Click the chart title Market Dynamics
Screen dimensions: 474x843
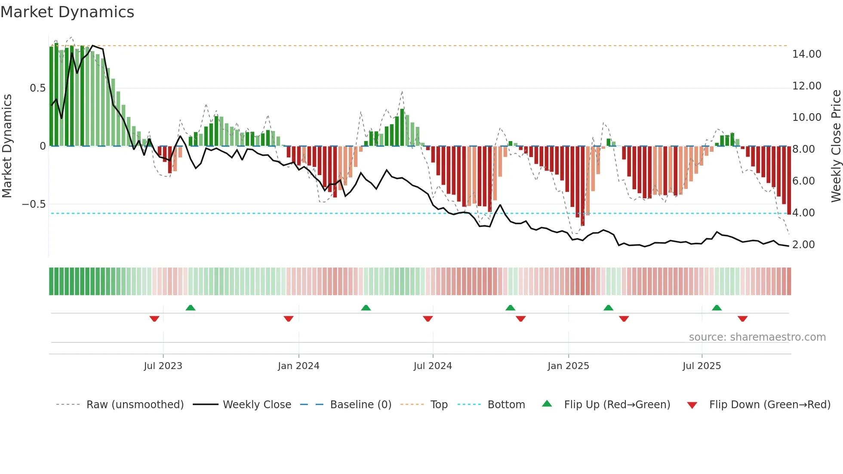coord(67,12)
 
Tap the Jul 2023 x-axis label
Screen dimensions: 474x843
coord(163,366)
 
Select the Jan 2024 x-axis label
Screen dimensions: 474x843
coord(298,366)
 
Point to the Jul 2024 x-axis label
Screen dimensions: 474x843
coord(433,366)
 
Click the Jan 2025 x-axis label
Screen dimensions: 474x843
coord(568,366)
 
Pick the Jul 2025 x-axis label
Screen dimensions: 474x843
coord(701,366)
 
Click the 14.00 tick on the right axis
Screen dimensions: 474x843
coord(806,54)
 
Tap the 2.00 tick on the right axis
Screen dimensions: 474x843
coord(803,245)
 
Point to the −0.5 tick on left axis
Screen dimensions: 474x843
coord(34,204)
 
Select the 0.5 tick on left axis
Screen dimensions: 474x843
coord(37,88)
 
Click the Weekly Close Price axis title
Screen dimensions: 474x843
coord(836,146)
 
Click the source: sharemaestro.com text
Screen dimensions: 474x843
coord(757,337)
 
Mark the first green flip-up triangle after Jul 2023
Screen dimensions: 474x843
coord(191,308)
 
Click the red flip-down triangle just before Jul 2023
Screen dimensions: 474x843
coord(154,319)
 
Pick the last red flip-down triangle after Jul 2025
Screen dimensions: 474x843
coord(742,319)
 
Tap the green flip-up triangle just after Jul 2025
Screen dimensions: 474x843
coord(717,308)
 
